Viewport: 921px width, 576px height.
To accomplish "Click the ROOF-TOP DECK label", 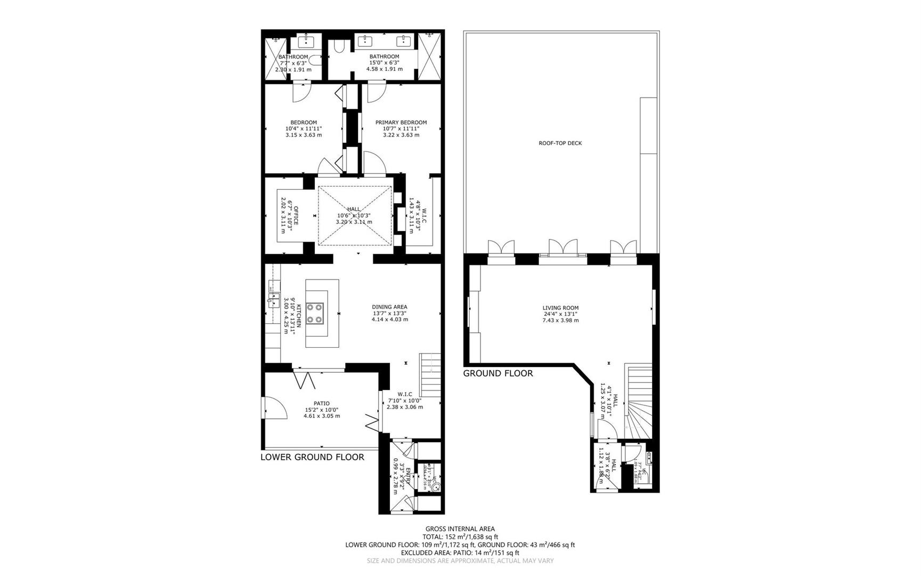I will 560,143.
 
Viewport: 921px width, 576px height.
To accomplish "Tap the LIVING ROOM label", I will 560,308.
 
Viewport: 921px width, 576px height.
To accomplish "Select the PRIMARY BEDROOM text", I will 401,122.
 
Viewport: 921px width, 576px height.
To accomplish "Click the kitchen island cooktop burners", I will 315,313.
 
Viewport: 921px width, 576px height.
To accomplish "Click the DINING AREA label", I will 389,307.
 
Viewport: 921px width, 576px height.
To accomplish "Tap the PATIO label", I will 321,403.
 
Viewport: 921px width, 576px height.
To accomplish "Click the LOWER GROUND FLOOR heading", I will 312,457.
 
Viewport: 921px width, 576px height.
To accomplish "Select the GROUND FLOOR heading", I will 498,373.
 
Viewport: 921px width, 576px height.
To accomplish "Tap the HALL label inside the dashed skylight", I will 354,209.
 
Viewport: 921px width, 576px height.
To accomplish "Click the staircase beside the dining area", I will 430,373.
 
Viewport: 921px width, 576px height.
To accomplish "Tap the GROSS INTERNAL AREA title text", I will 460,529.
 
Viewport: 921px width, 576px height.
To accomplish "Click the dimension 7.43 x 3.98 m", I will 560,321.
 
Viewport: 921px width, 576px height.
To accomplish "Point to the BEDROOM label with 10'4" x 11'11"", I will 304,122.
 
